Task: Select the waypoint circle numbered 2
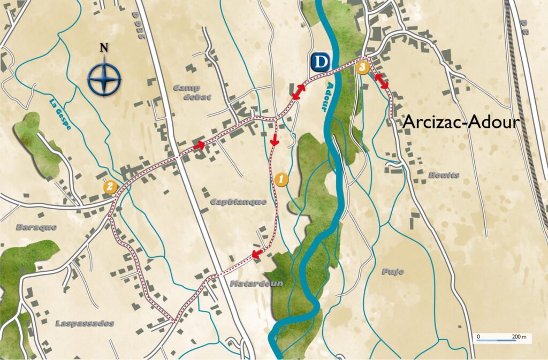click(110, 186)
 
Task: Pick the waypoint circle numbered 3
click(363, 67)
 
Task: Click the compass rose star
click(104, 79)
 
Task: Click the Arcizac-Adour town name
click(461, 122)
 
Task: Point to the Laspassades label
click(85, 323)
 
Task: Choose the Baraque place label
click(36, 227)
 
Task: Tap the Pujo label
click(393, 272)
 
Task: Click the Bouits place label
click(444, 175)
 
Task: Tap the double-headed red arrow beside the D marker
click(299, 91)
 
